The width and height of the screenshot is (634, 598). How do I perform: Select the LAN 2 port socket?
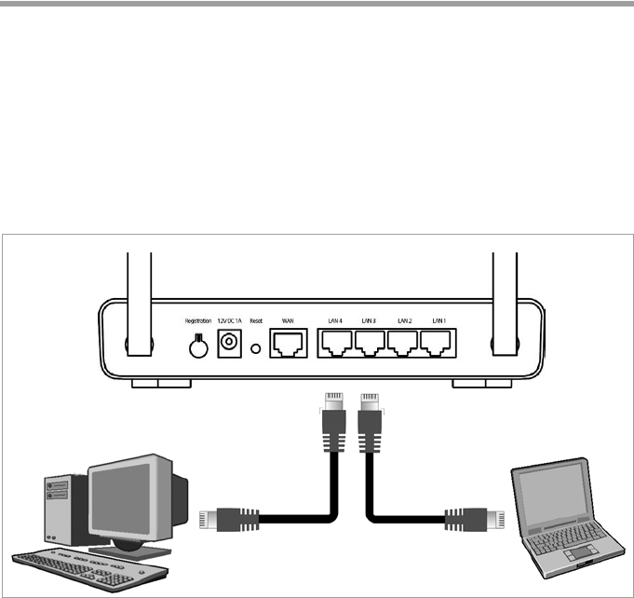point(403,347)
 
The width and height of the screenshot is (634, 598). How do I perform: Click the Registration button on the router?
point(197,347)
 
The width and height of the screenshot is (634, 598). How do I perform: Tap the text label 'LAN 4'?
point(334,321)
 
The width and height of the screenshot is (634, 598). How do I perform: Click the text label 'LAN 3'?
point(369,321)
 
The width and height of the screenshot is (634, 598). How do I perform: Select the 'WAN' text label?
point(287,321)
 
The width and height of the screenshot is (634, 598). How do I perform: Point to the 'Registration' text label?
point(197,321)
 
